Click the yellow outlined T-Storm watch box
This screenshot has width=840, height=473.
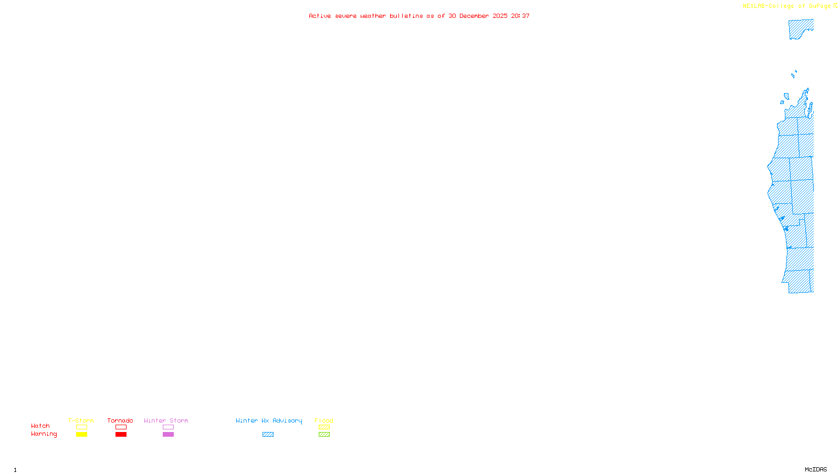point(81,427)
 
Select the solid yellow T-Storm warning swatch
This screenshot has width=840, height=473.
point(81,435)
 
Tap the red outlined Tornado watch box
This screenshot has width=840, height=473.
point(121,427)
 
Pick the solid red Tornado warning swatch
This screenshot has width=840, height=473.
point(121,435)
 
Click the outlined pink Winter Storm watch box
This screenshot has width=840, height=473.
point(168,427)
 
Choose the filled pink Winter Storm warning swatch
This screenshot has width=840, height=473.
point(168,435)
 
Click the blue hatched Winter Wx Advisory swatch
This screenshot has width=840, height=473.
point(268,435)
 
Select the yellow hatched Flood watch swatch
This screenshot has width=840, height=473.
point(324,427)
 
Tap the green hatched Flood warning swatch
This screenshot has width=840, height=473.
point(324,435)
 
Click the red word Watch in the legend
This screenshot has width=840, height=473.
point(40,426)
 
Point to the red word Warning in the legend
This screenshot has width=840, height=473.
point(44,434)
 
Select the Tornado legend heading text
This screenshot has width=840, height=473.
point(120,420)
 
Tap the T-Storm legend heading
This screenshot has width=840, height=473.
point(81,420)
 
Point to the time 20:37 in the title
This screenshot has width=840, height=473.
point(520,16)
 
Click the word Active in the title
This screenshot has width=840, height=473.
point(320,16)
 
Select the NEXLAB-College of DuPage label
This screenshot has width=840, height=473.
point(786,6)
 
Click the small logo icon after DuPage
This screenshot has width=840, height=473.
point(835,6)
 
